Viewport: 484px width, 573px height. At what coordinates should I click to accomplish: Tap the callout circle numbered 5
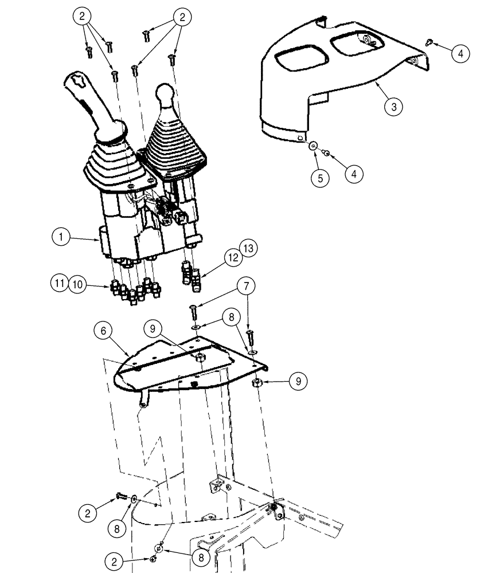click(320, 177)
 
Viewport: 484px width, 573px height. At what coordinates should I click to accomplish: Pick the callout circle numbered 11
click(61, 282)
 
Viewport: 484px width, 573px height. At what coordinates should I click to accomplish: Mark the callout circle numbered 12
click(232, 258)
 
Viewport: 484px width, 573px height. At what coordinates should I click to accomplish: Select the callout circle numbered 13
click(248, 249)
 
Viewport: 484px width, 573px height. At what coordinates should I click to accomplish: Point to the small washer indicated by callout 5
click(313, 147)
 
